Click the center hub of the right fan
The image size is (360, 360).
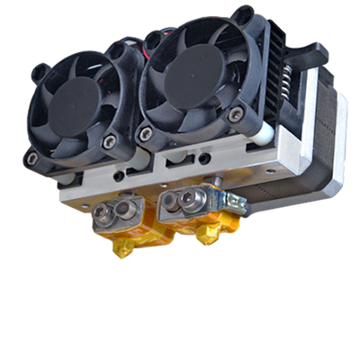(x=193, y=76)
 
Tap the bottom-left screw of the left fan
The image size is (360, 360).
(x=32, y=158)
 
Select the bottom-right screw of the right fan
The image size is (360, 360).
(x=238, y=113)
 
